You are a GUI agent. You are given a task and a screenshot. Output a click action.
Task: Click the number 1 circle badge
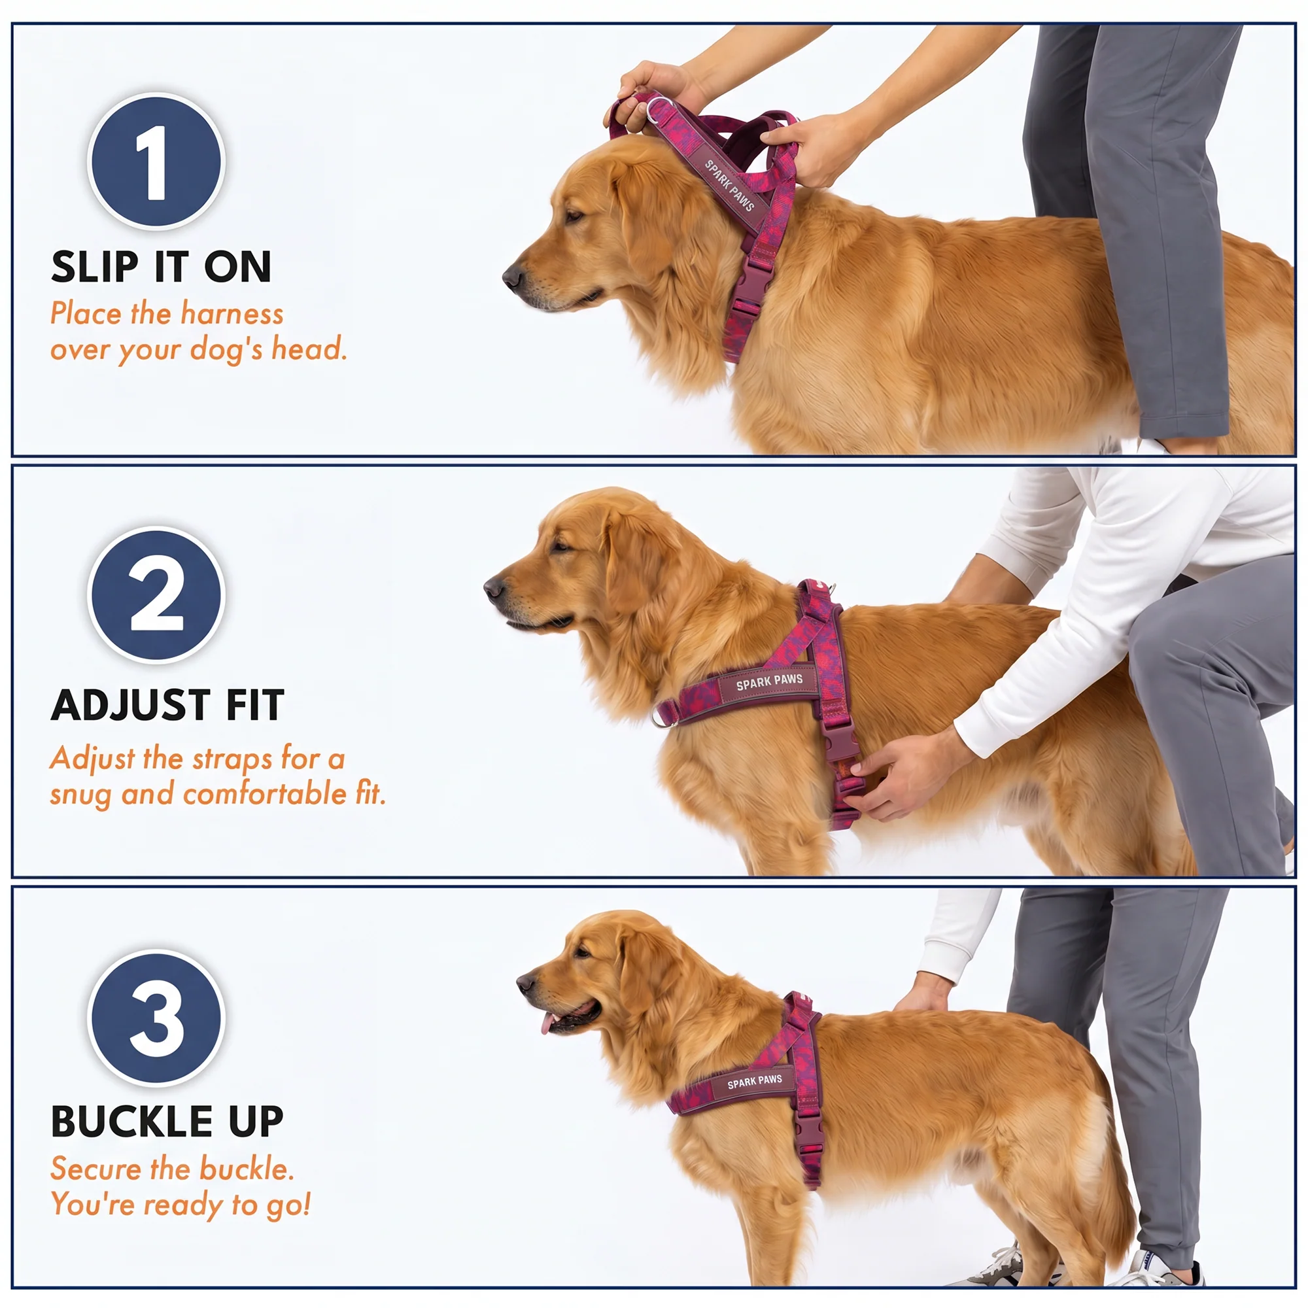click(156, 161)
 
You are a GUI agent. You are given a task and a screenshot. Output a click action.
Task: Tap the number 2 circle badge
click(156, 594)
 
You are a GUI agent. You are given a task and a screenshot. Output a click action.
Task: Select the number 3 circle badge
click(156, 1017)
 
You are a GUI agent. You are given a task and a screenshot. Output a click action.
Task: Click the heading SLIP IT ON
click(161, 266)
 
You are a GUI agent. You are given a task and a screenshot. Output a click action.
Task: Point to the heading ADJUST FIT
click(167, 705)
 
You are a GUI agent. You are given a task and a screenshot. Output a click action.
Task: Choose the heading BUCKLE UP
click(167, 1122)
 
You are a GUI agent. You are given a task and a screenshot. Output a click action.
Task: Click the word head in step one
click(309, 348)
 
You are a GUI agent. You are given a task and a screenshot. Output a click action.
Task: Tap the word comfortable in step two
click(265, 793)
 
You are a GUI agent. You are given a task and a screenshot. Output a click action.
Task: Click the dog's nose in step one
click(513, 276)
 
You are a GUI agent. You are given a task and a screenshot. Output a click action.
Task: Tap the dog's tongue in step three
click(547, 1023)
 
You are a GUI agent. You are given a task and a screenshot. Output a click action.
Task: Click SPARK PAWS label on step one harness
click(729, 185)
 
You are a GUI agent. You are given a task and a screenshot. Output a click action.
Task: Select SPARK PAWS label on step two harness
click(769, 681)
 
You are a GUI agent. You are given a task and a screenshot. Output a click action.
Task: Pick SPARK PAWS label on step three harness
click(754, 1080)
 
